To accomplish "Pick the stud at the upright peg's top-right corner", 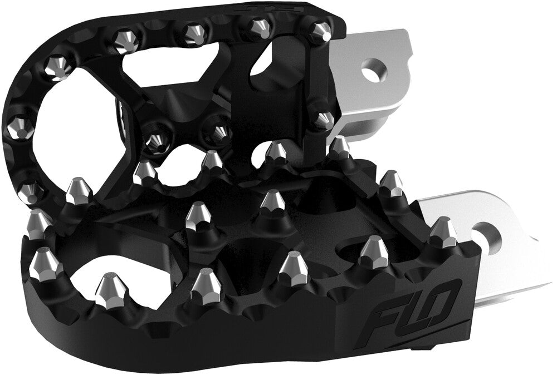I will tap(319, 31).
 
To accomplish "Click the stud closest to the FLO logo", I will tap(373, 254).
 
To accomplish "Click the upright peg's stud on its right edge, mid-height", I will tap(323, 119).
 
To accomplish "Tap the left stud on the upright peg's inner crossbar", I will tap(158, 141).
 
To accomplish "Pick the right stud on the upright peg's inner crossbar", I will tap(220, 132).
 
